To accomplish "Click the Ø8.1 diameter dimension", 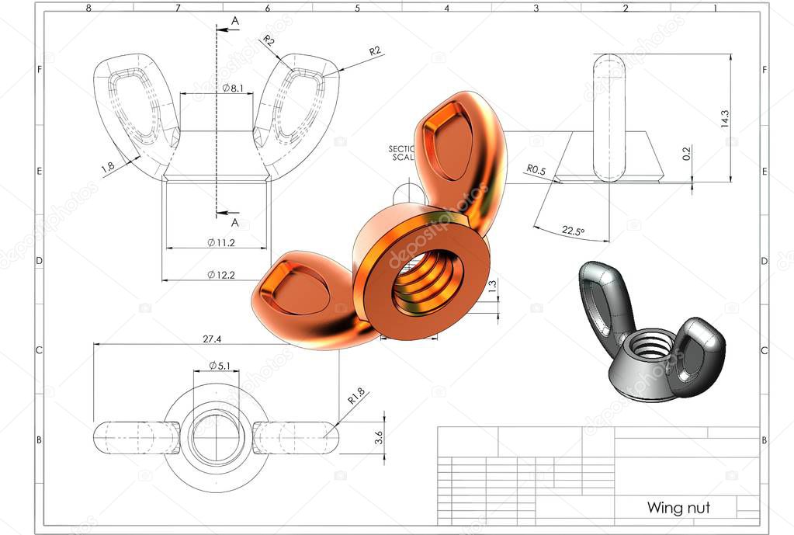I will (x=233, y=89).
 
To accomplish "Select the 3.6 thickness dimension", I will (x=379, y=437).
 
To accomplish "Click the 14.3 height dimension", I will (x=724, y=118).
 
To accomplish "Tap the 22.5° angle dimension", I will (x=573, y=231).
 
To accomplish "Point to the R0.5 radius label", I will (x=537, y=168).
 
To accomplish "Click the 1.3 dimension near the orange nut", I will (x=491, y=286).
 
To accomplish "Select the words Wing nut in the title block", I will (x=678, y=508).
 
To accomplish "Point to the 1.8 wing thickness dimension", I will (x=108, y=165).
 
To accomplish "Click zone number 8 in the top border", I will (x=88, y=8).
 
